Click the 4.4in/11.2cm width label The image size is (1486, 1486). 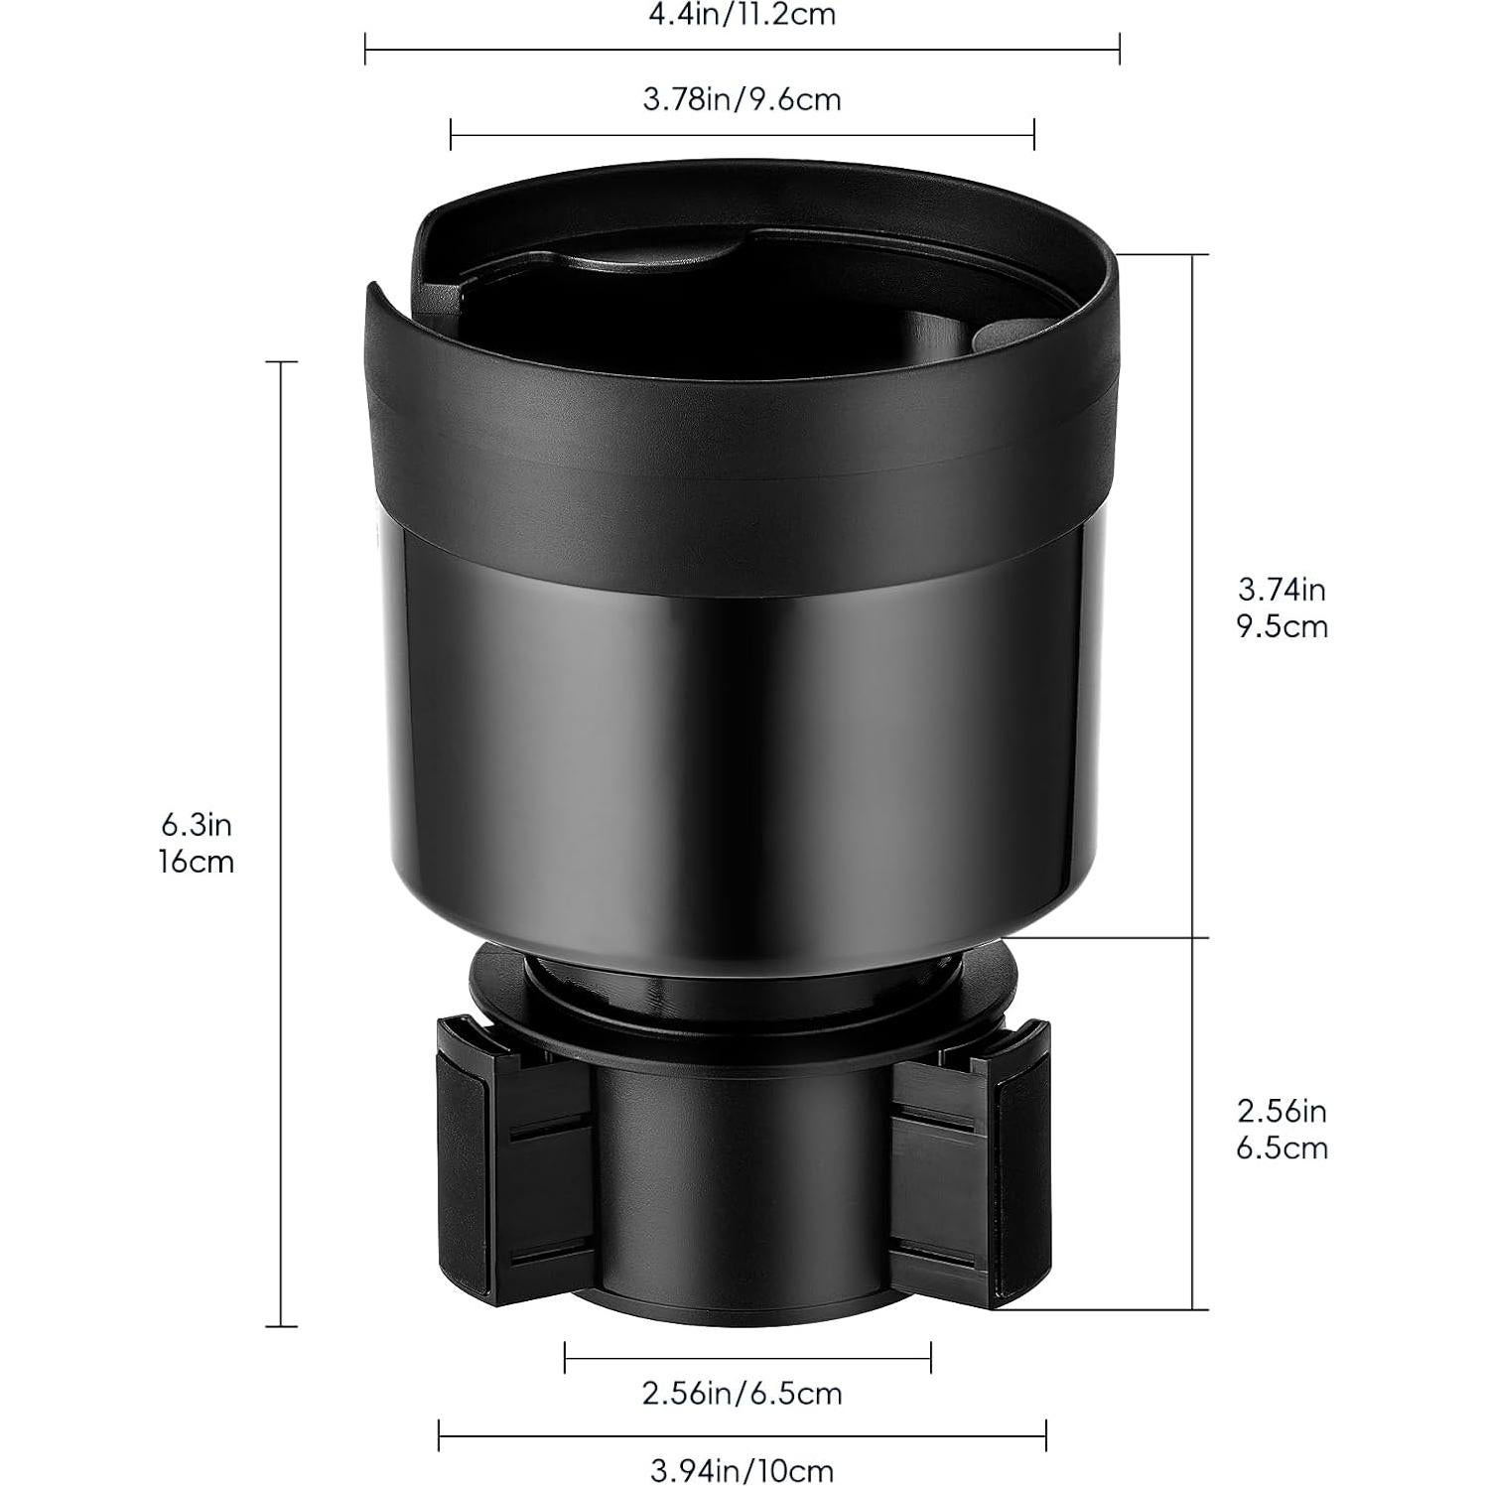pyautogui.click(x=742, y=15)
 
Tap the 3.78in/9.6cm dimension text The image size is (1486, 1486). pyautogui.click(x=742, y=100)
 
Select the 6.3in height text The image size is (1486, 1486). pyautogui.click(x=197, y=824)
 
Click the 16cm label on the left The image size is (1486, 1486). pyautogui.click(x=197, y=862)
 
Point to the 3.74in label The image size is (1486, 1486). pyautogui.click(x=1282, y=590)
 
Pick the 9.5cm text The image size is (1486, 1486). pyautogui.click(x=1282, y=627)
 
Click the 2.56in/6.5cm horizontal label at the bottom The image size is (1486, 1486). pyautogui.click(x=742, y=1394)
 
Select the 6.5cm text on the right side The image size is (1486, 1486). pyautogui.click(x=1282, y=1148)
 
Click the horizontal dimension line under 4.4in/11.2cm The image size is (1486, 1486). pyautogui.click(x=742, y=48)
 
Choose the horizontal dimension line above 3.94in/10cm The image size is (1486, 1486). pyautogui.click(x=742, y=1435)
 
